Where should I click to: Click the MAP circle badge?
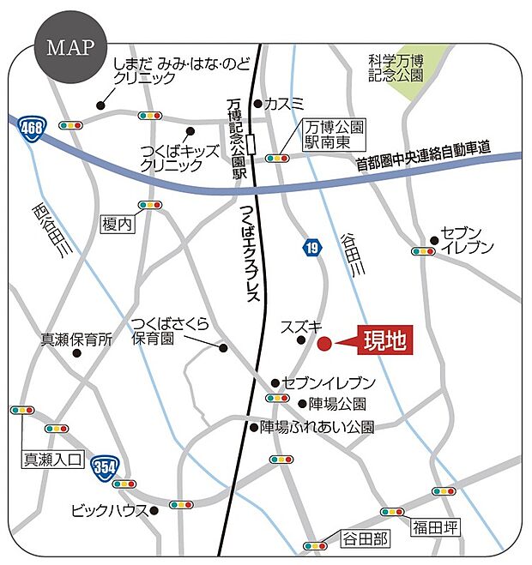pyautogui.click(x=65, y=47)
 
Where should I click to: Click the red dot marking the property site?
pyautogui.click(x=324, y=344)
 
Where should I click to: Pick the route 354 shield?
pyautogui.click(x=105, y=466)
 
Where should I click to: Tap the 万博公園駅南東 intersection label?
pyautogui.click(x=333, y=135)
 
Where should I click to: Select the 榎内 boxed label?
pyautogui.click(x=118, y=224)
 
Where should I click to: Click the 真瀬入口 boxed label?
pyautogui.click(x=51, y=460)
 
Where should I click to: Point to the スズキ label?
pyautogui.click(x=301, y=327)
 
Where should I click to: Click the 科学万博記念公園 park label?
pyautogui.click(x=396, y=68)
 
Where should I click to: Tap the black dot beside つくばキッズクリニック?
pyautogui.click(x=190, y=131)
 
